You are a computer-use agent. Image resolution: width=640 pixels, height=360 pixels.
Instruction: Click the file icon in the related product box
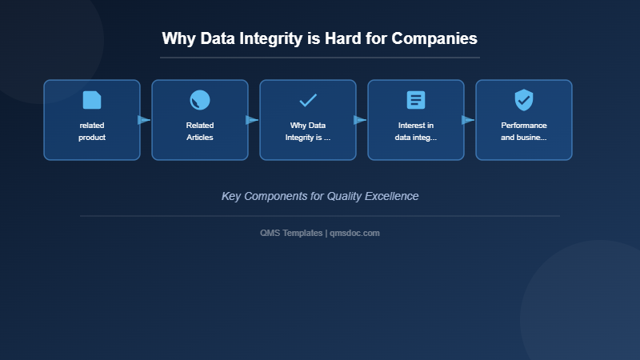[92, 100]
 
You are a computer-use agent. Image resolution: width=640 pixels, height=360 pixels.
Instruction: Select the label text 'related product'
[92, 131]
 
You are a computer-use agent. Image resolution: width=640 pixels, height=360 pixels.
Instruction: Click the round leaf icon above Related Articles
[200, 100]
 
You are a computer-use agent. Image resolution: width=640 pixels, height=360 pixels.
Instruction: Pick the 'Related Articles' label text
[200, 131]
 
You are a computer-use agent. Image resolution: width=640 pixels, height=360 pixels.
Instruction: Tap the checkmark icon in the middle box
[308, 100]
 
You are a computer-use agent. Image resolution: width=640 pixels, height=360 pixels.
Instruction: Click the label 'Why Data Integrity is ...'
[308, 131]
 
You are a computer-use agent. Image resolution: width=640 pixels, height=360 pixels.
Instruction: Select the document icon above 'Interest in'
[416, 100]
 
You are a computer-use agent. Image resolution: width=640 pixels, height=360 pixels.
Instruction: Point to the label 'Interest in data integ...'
[416, 131]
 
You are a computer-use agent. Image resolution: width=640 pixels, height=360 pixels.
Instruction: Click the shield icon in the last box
[524, 100]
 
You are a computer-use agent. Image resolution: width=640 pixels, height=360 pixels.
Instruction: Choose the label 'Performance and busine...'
[524, 131]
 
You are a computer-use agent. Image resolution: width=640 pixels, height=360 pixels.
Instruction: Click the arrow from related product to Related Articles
[145, 120]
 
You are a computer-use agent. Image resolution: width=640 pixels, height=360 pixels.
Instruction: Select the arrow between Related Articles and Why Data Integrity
[253, 120]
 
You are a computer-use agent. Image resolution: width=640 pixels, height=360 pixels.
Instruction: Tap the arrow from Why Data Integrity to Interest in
[361, 120]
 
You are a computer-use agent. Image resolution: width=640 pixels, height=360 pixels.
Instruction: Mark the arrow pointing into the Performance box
[469, 120]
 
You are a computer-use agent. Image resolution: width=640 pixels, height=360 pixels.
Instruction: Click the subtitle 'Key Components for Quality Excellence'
[320, 196]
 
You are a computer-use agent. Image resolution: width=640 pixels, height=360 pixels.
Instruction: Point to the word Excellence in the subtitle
[391, 196]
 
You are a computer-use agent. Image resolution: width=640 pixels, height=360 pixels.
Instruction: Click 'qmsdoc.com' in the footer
[355, 233]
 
